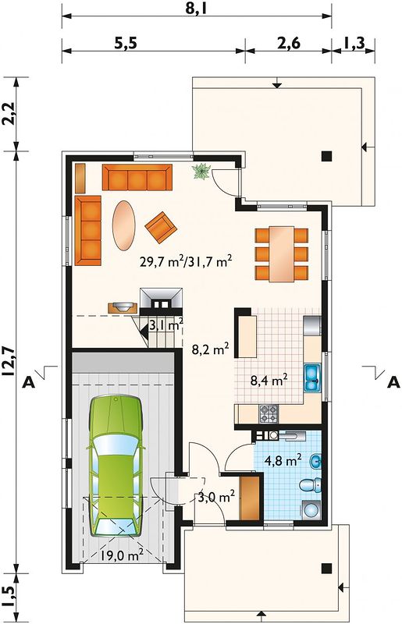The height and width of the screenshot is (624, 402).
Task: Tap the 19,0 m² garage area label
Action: pyautogui.click(x=122, y=555)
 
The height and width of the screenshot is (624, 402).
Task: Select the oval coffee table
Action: pyautogui.click(x=123, y=225)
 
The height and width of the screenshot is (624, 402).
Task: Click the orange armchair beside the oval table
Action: pyautogui.click(x=161, y=227)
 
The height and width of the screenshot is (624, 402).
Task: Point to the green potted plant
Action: pyautogui.click(x=201, y=172)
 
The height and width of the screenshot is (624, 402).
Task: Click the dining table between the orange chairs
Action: pyautogui.click(x=282, y=254)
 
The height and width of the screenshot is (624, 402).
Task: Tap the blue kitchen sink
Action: pyautogui.click(x=312, y=378)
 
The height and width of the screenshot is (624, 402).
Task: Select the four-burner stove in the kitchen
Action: pyautogui.click(x=269, y=413)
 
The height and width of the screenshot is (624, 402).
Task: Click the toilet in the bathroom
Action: pyautogui.click(x=311, y=485)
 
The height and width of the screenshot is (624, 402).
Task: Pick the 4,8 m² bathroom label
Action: pyautogui.click(x=283, y=460)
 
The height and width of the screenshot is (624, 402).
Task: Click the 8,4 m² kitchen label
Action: pyautogui.click(x=269, y=381)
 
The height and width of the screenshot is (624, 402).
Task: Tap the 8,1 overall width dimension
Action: pyautogui.click(x=197, y=8)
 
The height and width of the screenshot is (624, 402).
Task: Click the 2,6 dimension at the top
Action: pyautogui.click(x=289, y=43)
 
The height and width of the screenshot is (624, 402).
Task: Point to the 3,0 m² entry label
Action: pyautogui.click(x=216, y=497)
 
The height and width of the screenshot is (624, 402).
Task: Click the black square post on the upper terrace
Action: pyautogui.click(x=327, y=156)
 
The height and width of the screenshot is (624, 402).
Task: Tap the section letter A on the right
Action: pyautogui.click(x=393, y=382)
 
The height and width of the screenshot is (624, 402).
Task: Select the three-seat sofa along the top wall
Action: pyautogui.click(x=137, y=178)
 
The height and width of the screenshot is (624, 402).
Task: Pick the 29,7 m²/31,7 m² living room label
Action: pyautogui.click(x=186, y=261)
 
